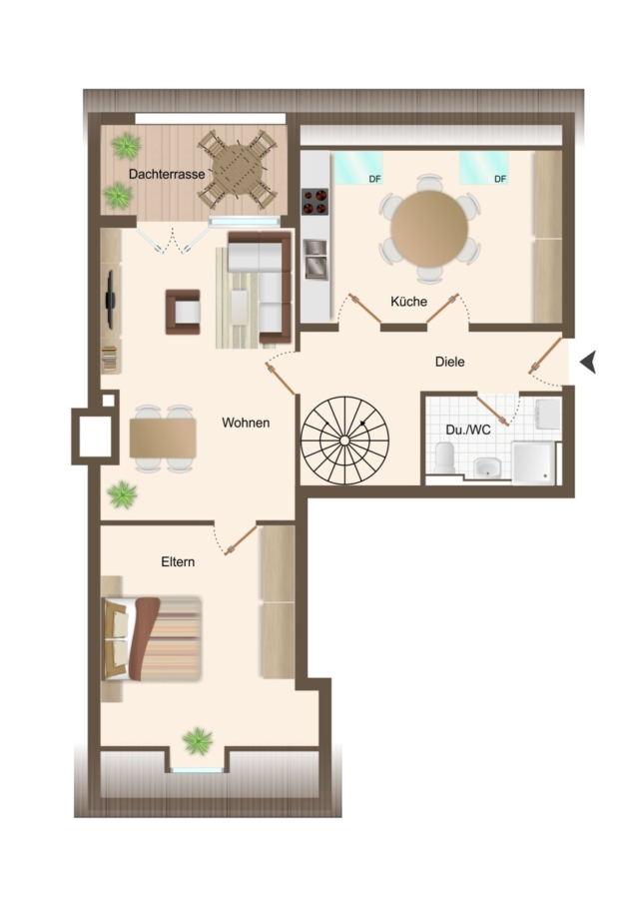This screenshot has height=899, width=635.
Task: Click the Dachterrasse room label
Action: click(166, 174)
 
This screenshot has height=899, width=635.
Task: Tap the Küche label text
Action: click(408, 301)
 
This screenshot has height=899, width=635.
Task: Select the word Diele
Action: click(450, 362)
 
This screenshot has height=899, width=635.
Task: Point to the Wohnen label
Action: click(246, 424)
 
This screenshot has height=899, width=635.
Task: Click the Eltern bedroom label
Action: click(178, 561)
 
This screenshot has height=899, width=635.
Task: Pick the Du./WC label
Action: click(468, 430)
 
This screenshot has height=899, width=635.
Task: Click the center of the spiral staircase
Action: click(344, 441)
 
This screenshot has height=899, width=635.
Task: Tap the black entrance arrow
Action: click(589, 363)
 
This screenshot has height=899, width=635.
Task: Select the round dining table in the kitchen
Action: click(429, 228)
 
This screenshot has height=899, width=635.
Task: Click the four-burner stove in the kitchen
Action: click(316, 202)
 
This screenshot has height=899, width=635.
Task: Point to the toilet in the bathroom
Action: click(444, 457)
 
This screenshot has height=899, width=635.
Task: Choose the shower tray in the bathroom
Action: click(533, 462)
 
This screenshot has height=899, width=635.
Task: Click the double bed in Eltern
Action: click(152, 638)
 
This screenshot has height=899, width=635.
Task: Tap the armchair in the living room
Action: click(184, 312)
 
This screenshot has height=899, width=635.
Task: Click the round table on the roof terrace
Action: click(238, 170)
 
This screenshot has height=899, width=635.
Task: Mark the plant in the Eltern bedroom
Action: click(198, 741)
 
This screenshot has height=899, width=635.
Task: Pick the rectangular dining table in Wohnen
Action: click(163, 439)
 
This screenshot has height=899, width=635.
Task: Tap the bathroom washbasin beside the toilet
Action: click(487, 467)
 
